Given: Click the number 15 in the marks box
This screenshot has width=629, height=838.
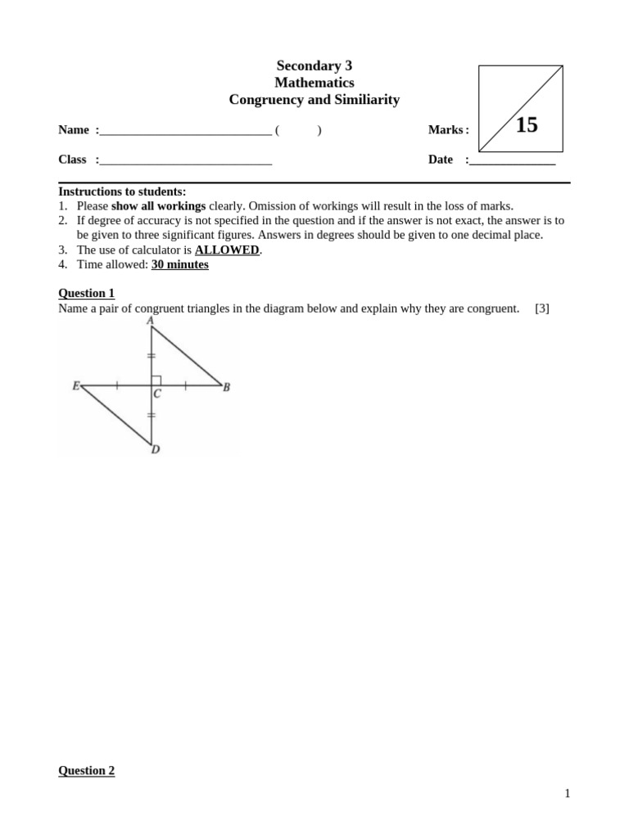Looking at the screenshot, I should (527, 125).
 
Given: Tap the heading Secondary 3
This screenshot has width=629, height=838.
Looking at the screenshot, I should (314, 65).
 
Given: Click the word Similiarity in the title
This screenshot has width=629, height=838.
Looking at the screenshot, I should (361, 100).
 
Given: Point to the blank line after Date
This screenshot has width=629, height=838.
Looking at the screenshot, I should (512, 160).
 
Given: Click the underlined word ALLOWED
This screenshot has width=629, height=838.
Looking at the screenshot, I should (227, 250).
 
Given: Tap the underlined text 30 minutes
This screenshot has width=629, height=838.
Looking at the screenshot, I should (179, 264).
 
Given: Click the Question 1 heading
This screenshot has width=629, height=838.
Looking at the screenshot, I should (86, 293).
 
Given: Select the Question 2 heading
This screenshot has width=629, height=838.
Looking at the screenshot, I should (86, 770).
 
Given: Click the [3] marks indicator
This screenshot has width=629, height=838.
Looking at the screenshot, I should (541, 309).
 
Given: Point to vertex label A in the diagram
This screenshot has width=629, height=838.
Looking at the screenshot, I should (151, 321).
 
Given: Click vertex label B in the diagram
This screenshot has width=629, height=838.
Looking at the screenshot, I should (227, 387).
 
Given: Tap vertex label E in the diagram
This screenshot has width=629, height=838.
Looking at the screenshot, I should (75, 385).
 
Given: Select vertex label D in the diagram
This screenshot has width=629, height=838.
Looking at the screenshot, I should (155, 449).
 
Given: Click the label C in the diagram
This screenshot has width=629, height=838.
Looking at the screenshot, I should (157, 394).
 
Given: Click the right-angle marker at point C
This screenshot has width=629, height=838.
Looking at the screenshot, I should (156, 380).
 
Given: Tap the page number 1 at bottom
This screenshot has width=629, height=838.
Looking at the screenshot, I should (567, 793).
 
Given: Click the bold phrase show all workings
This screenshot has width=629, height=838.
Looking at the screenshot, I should (158, 205).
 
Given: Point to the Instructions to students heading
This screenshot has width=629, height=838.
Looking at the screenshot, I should (122, 191).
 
